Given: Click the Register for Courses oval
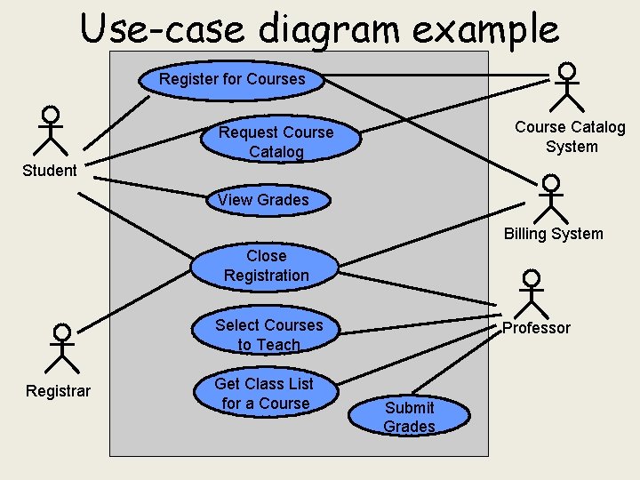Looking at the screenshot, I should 232,79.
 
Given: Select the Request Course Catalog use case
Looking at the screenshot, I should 276,142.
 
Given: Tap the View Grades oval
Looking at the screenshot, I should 263,200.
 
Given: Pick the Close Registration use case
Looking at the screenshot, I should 266,266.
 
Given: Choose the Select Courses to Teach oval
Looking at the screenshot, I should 268,335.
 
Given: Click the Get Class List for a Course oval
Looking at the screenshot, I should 265,394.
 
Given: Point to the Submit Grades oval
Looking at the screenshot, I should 409,417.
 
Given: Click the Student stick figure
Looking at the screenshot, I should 52,131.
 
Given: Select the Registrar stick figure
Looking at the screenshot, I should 61,348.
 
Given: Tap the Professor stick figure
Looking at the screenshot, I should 531,292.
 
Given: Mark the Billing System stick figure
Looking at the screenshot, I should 551,199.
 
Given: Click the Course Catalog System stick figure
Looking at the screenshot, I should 565,86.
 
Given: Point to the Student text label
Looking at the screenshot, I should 50,171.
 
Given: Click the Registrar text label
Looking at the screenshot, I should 58,391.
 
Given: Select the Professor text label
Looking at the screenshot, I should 536,328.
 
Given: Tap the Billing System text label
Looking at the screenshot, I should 553,235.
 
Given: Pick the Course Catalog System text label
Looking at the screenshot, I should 570,137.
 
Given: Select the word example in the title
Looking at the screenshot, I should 492,28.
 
